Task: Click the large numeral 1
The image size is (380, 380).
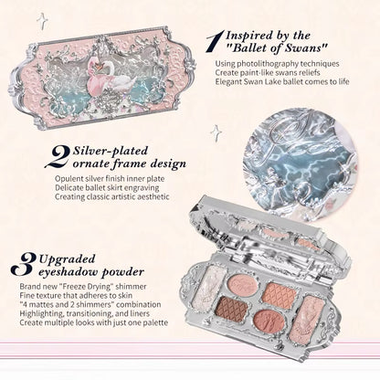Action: [x=216, y=41]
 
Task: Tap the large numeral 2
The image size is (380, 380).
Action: [x=58, y=156]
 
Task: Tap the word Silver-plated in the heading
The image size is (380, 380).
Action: [x=111, y=151]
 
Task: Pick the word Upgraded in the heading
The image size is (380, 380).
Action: [x=67, y=259]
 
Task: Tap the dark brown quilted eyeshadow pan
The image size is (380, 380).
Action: [x=233, y=309]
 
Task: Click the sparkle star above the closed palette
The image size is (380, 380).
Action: [x=42, y=20]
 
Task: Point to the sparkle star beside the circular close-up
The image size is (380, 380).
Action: [x=216, y=133]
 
